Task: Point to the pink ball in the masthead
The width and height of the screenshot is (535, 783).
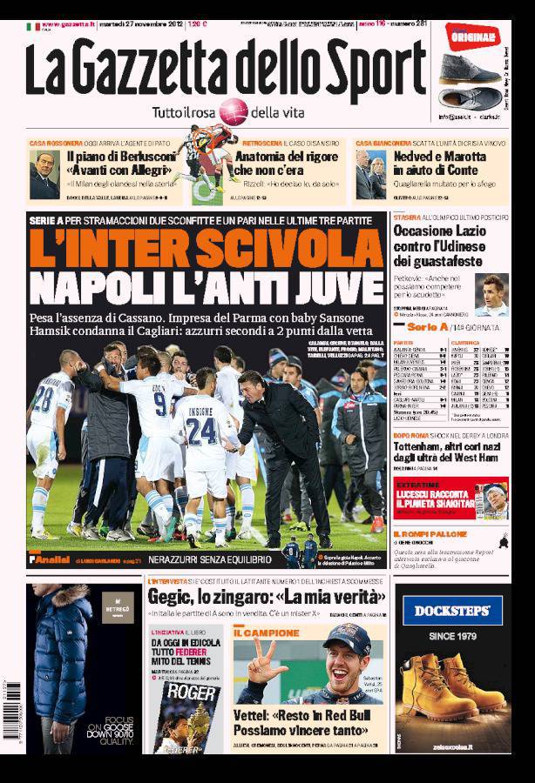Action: pyautogui.click(x=233, y=110)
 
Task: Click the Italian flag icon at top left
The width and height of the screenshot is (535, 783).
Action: pyautogui.click(x=32, y=26)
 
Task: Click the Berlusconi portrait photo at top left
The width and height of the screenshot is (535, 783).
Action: pyautogui.click(x=44, y=175)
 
